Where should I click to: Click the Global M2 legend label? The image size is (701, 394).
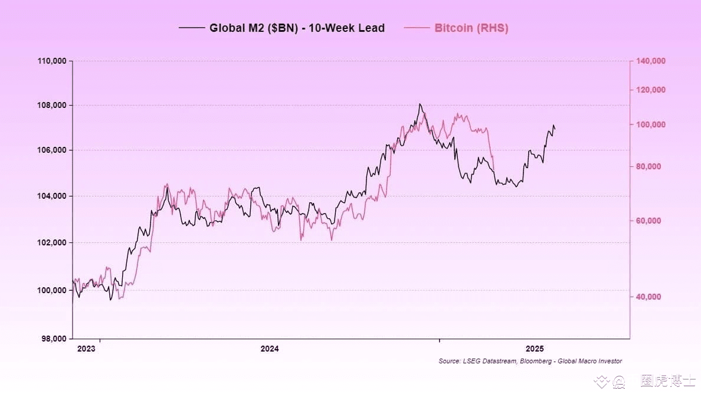tap(297, 28)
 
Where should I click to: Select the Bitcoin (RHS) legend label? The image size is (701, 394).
tap(471, 28)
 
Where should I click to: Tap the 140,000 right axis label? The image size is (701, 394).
tap(650, 61)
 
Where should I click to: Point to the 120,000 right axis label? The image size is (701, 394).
tap(650, 90)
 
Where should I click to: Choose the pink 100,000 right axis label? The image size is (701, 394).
tap(650, 124)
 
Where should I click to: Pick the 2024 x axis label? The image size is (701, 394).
tap(270, 349)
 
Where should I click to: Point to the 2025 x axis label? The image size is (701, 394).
tap(535, 349)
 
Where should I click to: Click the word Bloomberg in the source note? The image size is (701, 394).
tap(538, 361)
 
